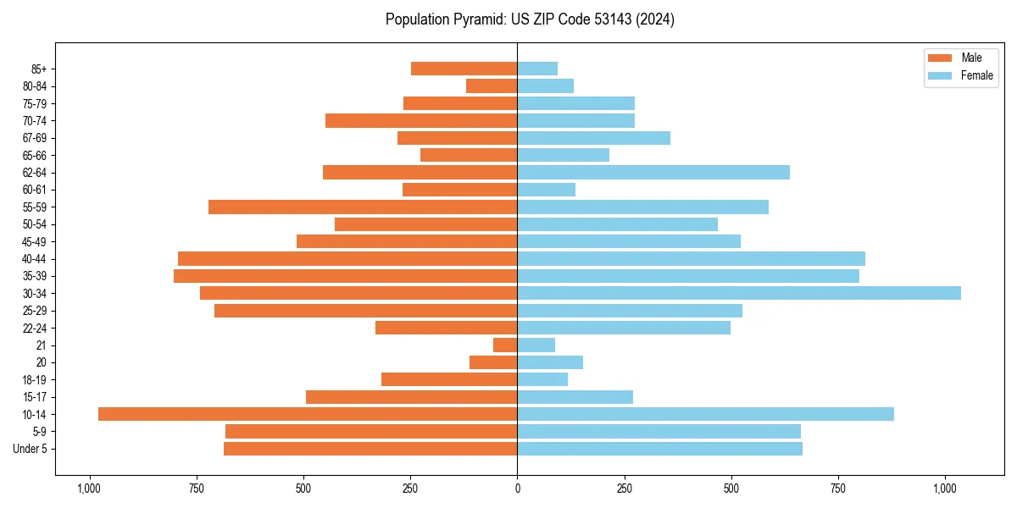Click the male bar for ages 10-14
coord(308,414)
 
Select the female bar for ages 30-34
coord(739,293)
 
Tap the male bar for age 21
coord(505,345)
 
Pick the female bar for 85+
coord(537,69)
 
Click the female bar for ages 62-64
coord(653,173)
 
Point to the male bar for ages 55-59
coord(363,207)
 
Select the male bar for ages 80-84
coord(492,86)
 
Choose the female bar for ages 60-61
coord(547,190)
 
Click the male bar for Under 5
coord(370,449)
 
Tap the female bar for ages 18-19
coord(542,379)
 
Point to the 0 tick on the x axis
coord(517,489)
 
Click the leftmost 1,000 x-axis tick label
coord(88,489)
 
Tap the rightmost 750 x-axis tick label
coord(839,489)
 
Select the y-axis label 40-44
coord(35,259)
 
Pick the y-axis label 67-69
coord(35,138)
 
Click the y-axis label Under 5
coord(31,449)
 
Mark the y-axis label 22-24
coord(35,328)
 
